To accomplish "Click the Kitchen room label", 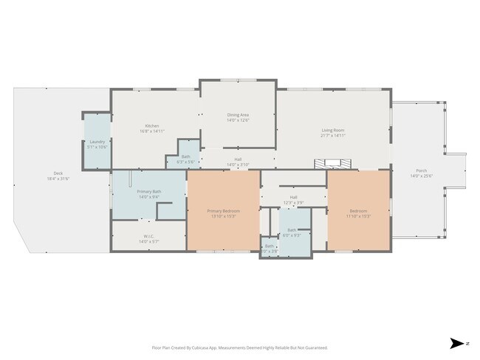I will click(x=152, y=125).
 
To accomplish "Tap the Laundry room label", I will click(x=97, y=142).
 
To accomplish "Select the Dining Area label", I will click(x=238, y=114).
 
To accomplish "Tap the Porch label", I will click(x=422, y=171).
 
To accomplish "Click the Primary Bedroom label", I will click(x=222, y=211).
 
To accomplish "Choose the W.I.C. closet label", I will click(x=148, y=236).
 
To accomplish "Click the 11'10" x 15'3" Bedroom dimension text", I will click(x=358, y=216).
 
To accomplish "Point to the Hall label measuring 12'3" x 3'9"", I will click(x=293, y=197).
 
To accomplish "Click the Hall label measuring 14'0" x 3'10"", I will click(x=238, y=159).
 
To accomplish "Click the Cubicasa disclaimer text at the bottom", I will click(x=239, y=347).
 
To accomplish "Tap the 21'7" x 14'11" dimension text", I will click(x=333, y=136).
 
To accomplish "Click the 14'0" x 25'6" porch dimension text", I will click(x=422, y=176).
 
